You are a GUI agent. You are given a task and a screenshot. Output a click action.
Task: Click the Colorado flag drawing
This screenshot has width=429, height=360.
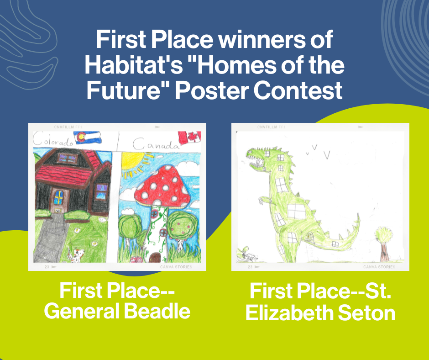88,137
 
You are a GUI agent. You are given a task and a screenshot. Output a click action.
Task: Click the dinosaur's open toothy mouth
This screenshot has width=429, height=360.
257,160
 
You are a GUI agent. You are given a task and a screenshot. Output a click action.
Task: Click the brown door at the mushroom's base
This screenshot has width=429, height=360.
156,257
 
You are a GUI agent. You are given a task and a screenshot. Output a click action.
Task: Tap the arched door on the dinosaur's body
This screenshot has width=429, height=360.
311,236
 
